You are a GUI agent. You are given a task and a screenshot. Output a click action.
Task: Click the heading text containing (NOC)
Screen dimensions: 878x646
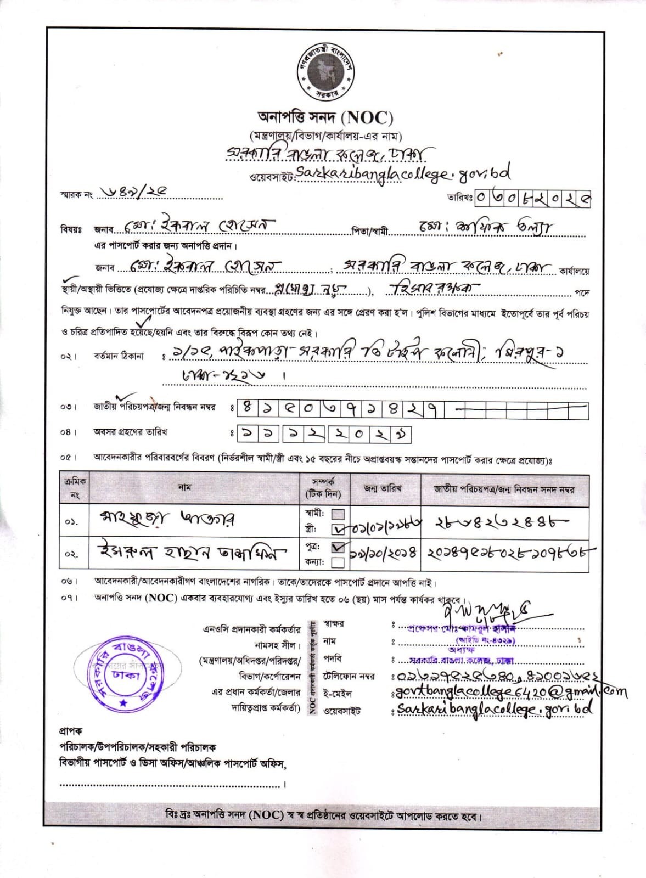(x=325, y=117)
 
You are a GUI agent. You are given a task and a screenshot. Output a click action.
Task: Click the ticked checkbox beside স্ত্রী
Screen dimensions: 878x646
(x=339, y=530)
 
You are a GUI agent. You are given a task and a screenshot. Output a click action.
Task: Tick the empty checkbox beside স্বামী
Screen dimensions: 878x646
(x=339, y=514)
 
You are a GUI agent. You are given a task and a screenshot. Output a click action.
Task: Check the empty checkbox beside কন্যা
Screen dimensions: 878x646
(x=338, y=562)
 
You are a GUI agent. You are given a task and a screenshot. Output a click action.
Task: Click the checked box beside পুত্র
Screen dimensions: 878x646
(x=339, y=547)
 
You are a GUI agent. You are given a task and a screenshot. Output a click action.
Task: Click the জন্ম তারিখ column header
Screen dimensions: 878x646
(x=383, y=488)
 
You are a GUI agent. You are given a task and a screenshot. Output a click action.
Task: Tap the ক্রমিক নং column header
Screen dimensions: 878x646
(x=74, y=488)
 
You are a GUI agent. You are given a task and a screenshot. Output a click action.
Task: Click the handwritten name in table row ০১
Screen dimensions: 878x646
(x=167, y=519)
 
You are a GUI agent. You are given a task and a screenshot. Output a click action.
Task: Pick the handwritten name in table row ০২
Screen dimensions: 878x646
(x=192, y=552)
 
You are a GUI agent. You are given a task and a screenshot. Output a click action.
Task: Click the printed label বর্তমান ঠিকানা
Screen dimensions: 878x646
(x=119, y=356)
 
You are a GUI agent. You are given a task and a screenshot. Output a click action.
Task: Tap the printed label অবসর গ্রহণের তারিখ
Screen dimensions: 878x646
(x=130, y=432)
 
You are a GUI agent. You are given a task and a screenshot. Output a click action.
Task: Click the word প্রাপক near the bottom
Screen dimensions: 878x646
(x=71, y=731)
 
